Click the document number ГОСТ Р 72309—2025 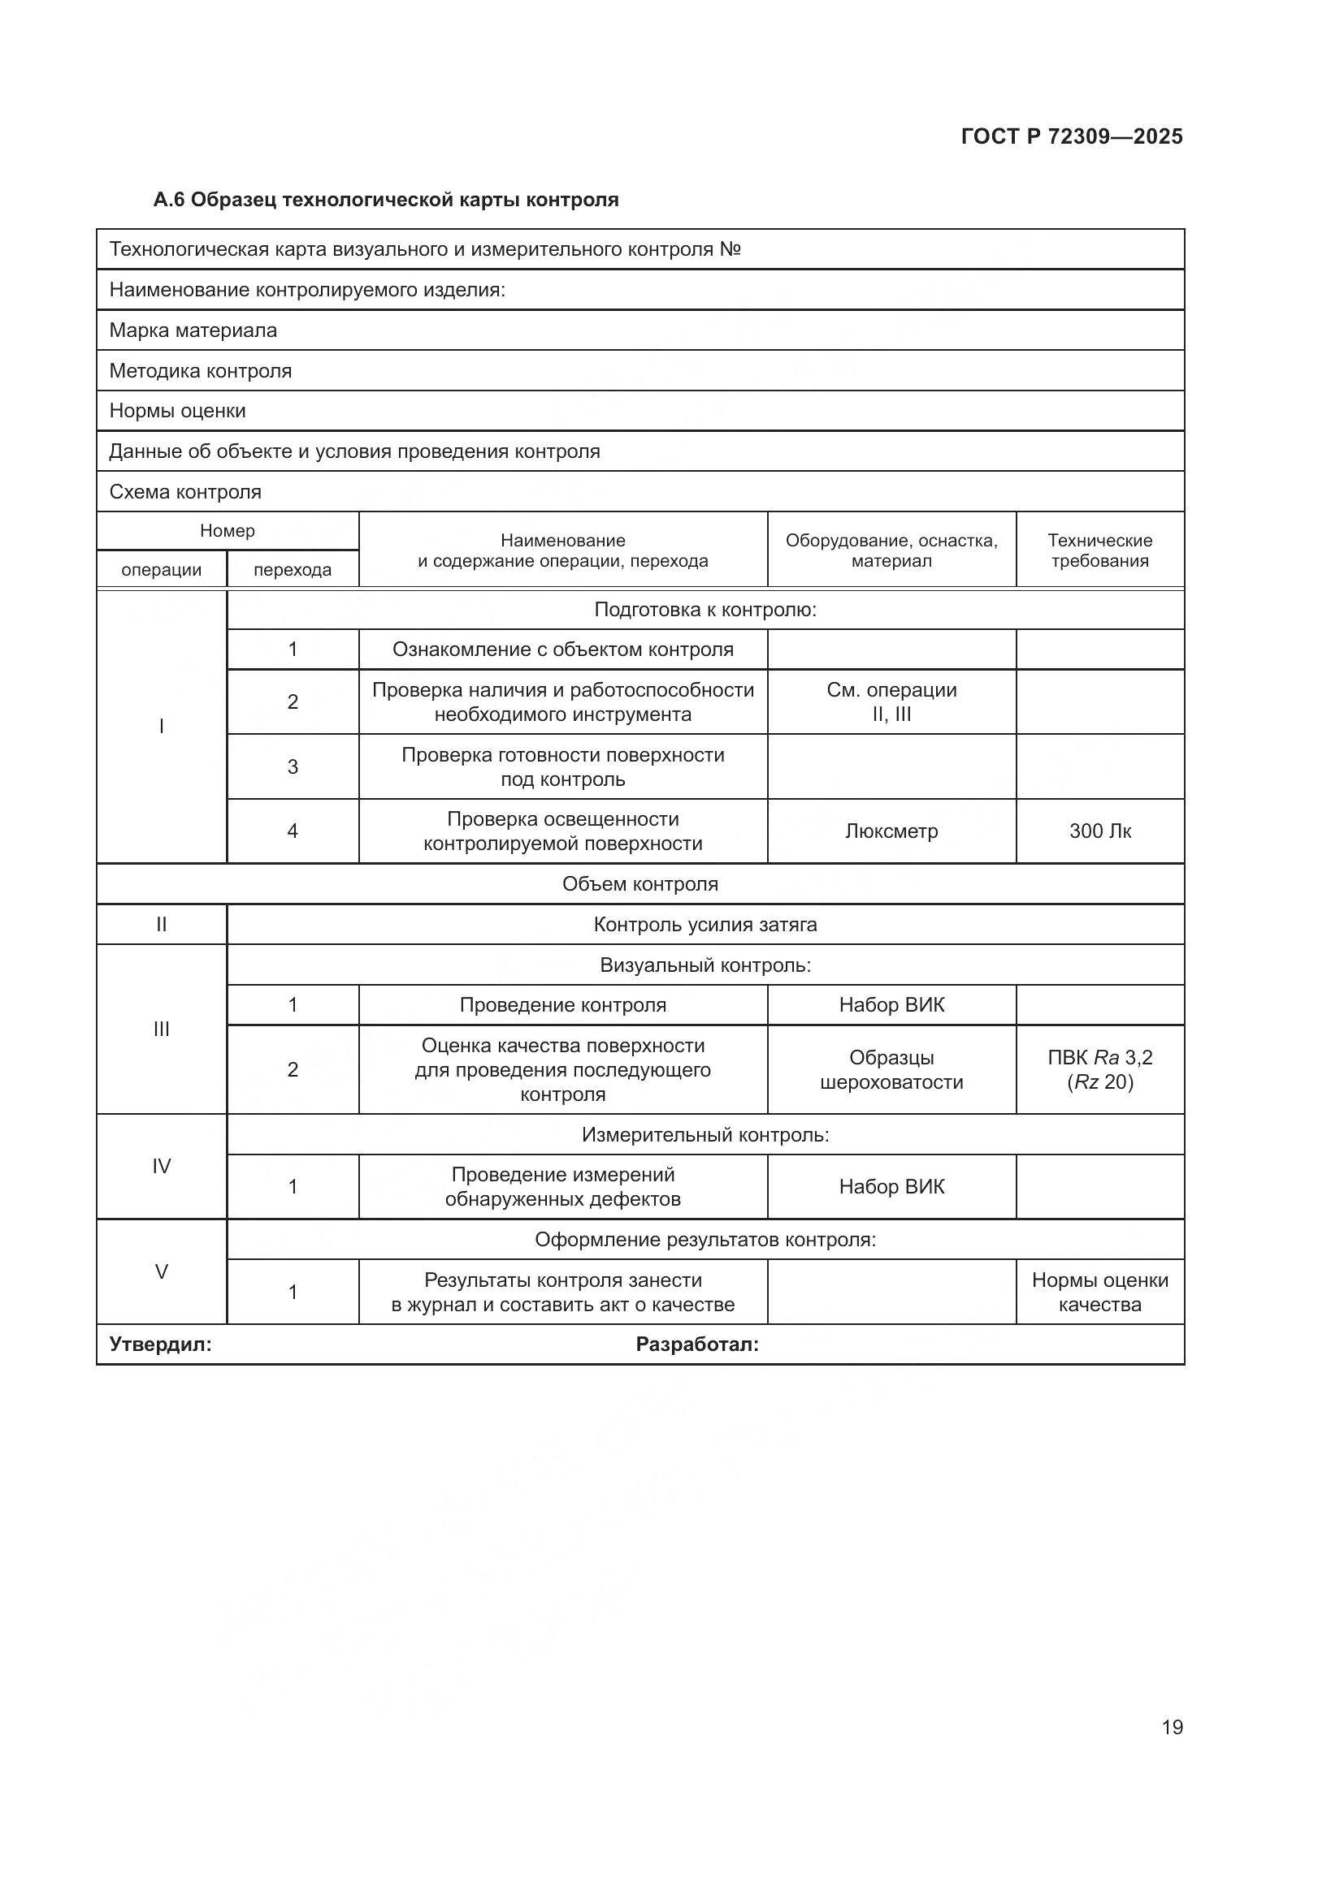point(1072,136)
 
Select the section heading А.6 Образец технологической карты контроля point(386,200)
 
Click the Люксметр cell point(891,831)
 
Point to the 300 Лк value point(1100,831)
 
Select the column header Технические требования point(1100,550)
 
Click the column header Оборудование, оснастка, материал point(891,550)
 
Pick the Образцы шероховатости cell point(891,1069)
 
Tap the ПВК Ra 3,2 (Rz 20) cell point(1100,1069)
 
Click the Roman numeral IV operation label point(162,1166)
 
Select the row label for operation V point(162,1271)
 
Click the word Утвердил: point(161,1344)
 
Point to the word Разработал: point(697,1344)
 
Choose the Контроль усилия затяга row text point(705,925)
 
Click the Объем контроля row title point(639,884)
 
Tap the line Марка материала point(193,330)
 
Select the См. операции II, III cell point(891,701)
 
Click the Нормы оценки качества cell point(1100,1292)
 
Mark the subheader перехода point(293,570)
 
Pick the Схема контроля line point(185,492)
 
